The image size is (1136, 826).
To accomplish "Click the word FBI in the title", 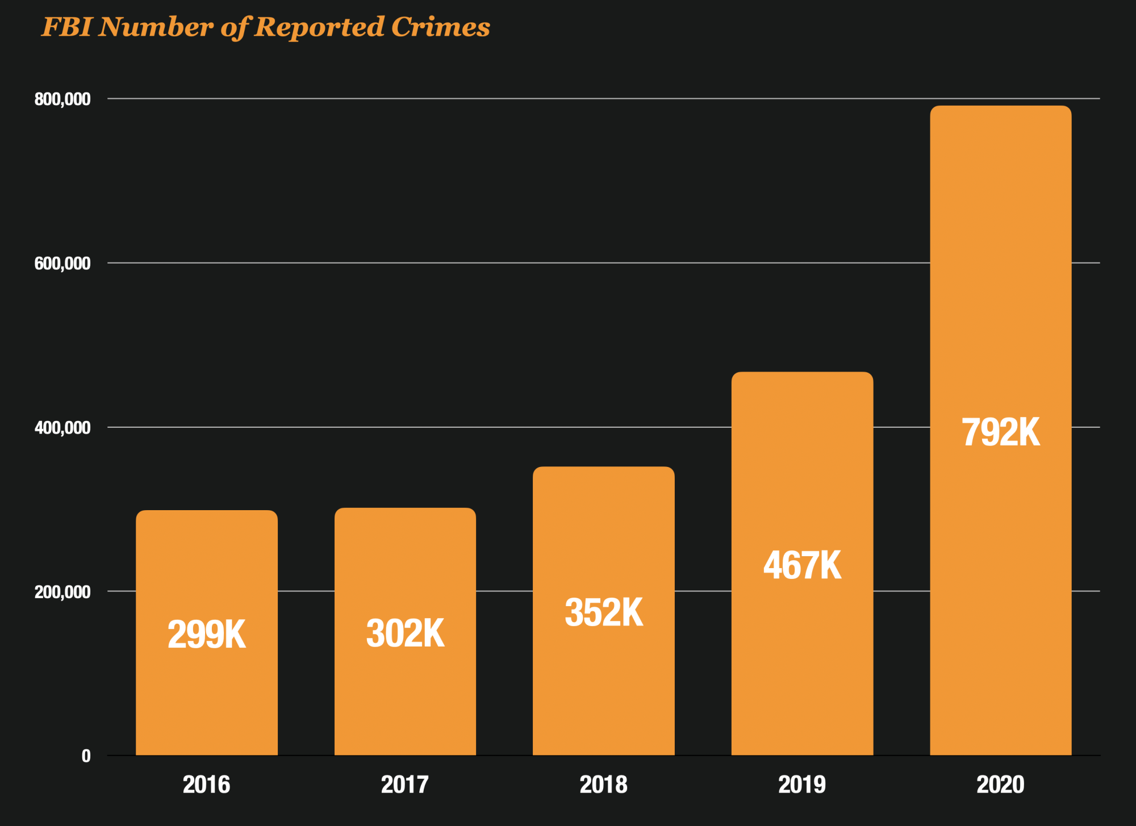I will point(67,27).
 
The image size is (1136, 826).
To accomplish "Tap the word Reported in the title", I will point(320,27).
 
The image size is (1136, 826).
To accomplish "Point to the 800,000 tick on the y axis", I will point(62,99).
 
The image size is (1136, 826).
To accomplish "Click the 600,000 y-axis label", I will point(62,264).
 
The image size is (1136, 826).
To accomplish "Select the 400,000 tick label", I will point(62,428).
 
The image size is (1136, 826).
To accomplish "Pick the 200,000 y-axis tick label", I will point(62,592).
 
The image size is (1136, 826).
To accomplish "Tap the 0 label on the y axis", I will point(86,756).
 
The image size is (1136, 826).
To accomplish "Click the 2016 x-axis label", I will point(206,785).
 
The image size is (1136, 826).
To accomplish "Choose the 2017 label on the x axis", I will point(405,785).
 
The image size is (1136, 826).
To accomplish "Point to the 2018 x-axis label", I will point(603,785).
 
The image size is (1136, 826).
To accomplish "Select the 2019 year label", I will point(802,785).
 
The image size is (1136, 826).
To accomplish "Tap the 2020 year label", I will point(1000,785).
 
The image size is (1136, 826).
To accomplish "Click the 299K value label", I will point(206,635).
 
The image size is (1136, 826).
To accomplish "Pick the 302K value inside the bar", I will point(405,633).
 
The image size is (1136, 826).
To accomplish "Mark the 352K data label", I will point(603,612).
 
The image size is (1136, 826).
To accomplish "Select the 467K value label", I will point(802,565).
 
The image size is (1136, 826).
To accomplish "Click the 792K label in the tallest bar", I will point(1000,432).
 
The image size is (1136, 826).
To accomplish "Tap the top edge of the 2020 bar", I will point(1000,106).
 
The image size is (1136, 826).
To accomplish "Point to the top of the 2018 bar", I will point(603,467).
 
